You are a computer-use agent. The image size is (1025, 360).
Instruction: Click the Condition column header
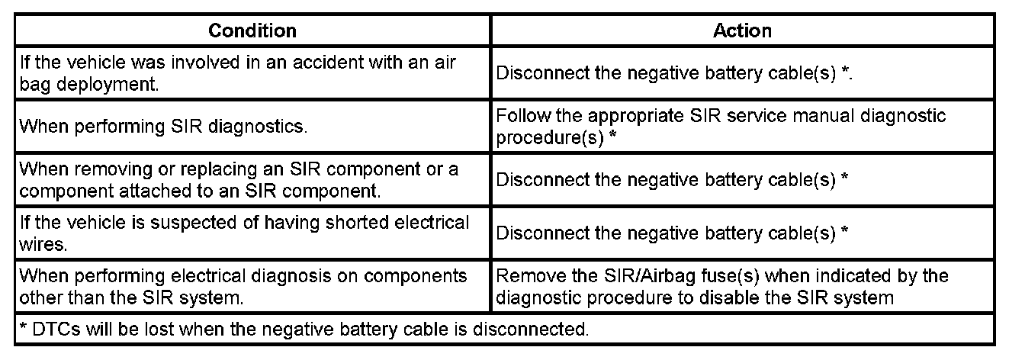(x=252, y=31)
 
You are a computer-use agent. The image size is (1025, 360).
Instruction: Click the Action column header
(x=742, y=31)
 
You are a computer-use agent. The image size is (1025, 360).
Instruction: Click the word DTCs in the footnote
(x=49, y=329)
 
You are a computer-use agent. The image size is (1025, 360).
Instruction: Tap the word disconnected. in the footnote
(x=529, y=329)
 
